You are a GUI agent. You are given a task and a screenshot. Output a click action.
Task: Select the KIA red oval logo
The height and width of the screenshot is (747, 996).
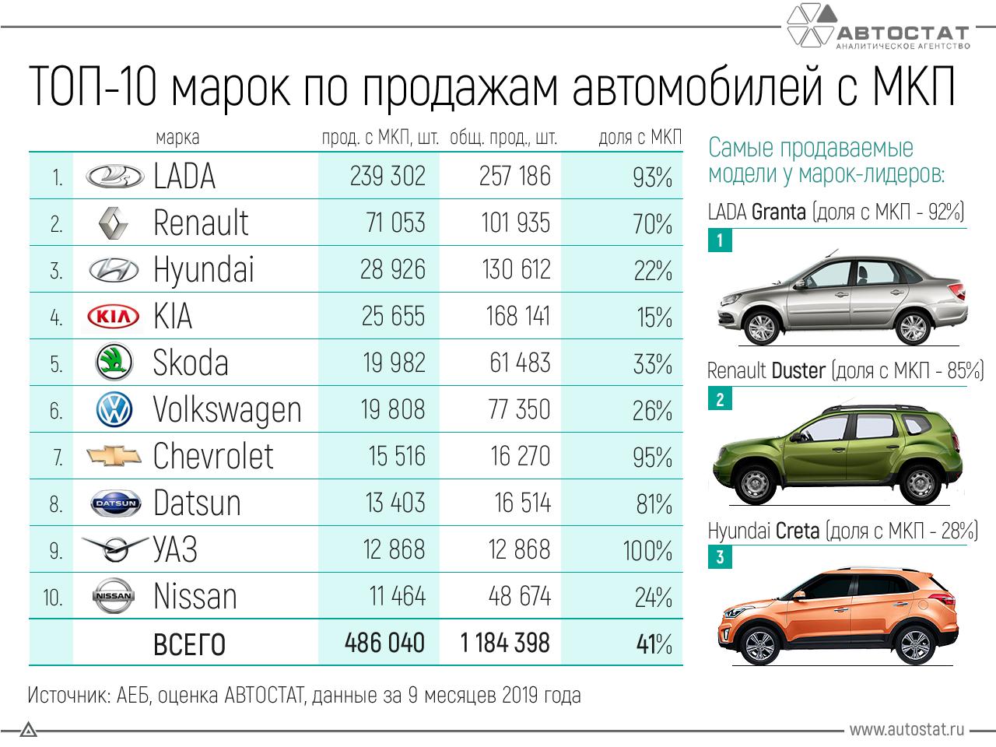pyautogui.click(x=114, y=317)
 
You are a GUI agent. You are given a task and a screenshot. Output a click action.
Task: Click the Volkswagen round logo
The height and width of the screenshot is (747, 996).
pyautogui.click(x=114, y=410)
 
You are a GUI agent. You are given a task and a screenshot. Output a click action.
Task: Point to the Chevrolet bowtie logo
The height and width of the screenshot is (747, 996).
pyautogui.click(x=114, y=456)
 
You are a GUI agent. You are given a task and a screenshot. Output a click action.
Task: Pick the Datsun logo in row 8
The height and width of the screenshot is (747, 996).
pyautogui.click(x=115, y=503)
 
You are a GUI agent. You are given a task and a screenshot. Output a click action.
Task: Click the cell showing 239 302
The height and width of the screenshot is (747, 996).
pyautogui.click(x=388, y=176)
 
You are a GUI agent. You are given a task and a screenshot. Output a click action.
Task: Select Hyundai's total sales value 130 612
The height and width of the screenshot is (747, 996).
pyautogui.click(x=515, y=269)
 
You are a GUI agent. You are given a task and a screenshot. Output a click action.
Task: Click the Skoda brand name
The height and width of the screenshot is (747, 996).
pyautogui.click(x=191, y=363)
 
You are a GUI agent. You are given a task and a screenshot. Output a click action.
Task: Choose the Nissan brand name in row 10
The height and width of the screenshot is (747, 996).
pyautogui.click(x=195, y=597)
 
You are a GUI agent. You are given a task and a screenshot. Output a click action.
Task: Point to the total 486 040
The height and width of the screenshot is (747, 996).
pyautogui.click(x=385, y=643)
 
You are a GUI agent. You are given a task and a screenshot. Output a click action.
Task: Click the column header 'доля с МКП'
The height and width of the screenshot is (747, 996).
pyautogui.click(x=640, y=138)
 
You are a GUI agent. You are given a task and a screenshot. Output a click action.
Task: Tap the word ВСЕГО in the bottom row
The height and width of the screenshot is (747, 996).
pyautogui.click(x=189, y=644)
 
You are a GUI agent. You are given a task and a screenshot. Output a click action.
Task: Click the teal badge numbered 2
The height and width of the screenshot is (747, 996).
pyautogui.click(x=720, y=400)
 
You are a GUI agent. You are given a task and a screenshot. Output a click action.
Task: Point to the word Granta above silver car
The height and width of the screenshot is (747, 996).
pyautogui.click(x=779, y=212)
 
